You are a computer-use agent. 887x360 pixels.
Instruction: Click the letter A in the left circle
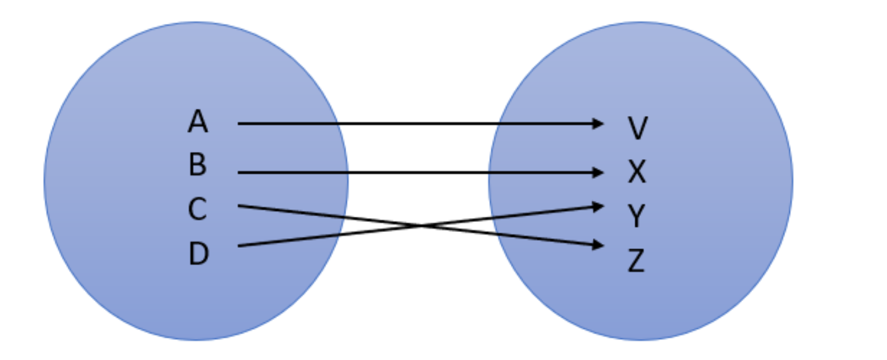pyautogui.click(x=198, y=122)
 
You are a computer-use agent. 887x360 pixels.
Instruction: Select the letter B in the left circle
pyautogui.click(x=197, y=165)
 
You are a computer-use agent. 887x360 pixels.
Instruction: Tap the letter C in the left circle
pyautogui.click(x=197, y=210)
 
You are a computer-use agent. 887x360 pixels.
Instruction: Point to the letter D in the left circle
pyautogui.click(x=198, y=254)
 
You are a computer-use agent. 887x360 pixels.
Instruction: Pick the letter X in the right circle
pyautogui.click(x=637, y=172)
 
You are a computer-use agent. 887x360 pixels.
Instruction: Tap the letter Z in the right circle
pyautogui.click(x=636, y=260)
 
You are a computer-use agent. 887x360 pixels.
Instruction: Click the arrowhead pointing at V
pyautogui.click(x=598, y=124)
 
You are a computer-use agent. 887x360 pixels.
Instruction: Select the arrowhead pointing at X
pyautogui.click(x=598, y=172)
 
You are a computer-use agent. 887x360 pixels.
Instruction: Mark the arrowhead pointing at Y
pyautogui.click(x=598, y=205)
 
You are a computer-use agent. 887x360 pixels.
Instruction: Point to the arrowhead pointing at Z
pyautogui.click(x=598, y=245)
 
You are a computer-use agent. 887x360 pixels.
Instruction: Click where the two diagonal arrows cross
pyautogui.click(x=419, y=226)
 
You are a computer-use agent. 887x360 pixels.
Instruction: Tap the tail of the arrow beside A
pyautogui.click(x=240, y=124)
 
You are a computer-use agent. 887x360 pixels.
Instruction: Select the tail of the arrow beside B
pyautogui.click(x=240, y=172)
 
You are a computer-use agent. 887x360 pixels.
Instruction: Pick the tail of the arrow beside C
pyautogui.click(x=240, y=205)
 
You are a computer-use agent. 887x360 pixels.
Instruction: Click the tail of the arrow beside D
pyautogui.click(x=240, y=246)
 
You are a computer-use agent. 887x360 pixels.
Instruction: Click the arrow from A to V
pyautogui.click(x=418, y=124)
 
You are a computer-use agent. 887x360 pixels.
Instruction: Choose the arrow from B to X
pyautogui.click(x=418, y=172)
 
